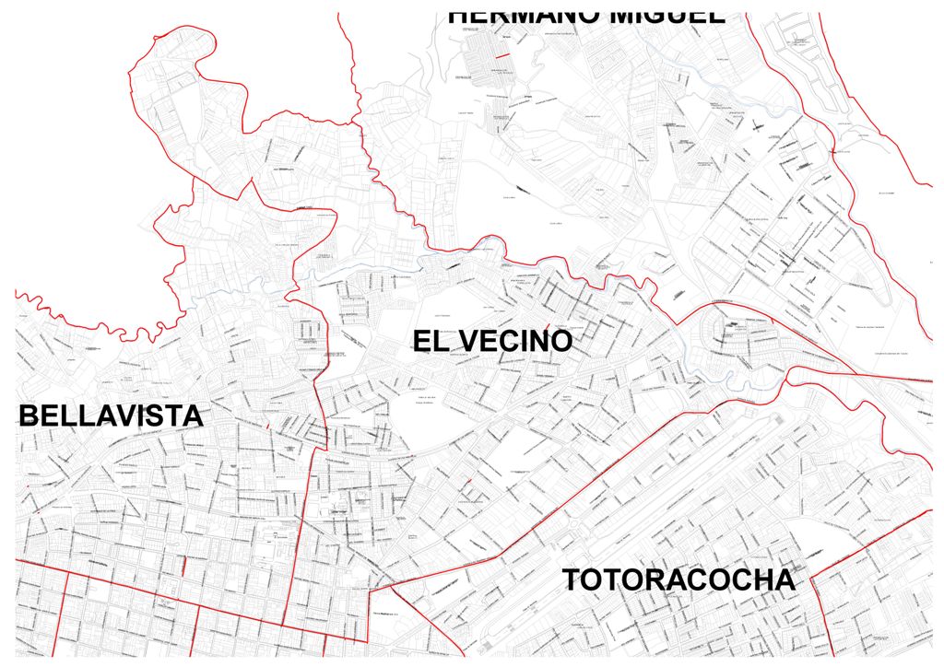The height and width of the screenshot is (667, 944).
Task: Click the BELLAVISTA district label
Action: pos(111,415)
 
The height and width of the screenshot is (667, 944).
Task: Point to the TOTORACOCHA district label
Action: pos(678,580)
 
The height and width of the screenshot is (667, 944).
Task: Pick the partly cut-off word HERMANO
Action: pos(513,16)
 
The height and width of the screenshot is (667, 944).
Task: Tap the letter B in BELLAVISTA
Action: pos(28,415)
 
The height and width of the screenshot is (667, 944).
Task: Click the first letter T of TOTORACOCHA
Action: pos(571,580)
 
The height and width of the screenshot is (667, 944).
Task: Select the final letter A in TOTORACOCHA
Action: pos(784,580)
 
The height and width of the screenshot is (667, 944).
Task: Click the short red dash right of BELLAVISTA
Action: pos(266,426)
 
